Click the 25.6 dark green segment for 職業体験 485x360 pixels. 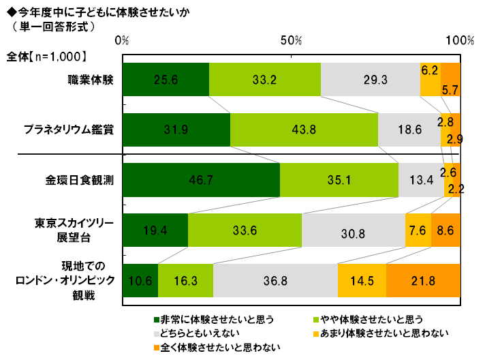click(x=166, y=79)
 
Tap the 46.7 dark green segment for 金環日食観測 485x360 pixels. click(x=201, y=180)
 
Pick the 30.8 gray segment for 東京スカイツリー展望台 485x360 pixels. click(x=353, y=230)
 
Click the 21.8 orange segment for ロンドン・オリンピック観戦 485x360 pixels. click(x=423, y=280)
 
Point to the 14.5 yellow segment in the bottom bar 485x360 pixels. click(x=361, y=280)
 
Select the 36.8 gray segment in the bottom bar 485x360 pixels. click(x=275, y=280)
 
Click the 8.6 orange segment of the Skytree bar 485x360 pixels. click(x=445, y=230)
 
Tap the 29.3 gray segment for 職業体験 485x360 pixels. click(x=371, y=79)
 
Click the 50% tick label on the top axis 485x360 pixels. click(x=291, y=42)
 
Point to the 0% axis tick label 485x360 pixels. click(x=123, y=42)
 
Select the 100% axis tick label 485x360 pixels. click(x=460, y=42)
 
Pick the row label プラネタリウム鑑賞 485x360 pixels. click(x=68, y=129)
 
